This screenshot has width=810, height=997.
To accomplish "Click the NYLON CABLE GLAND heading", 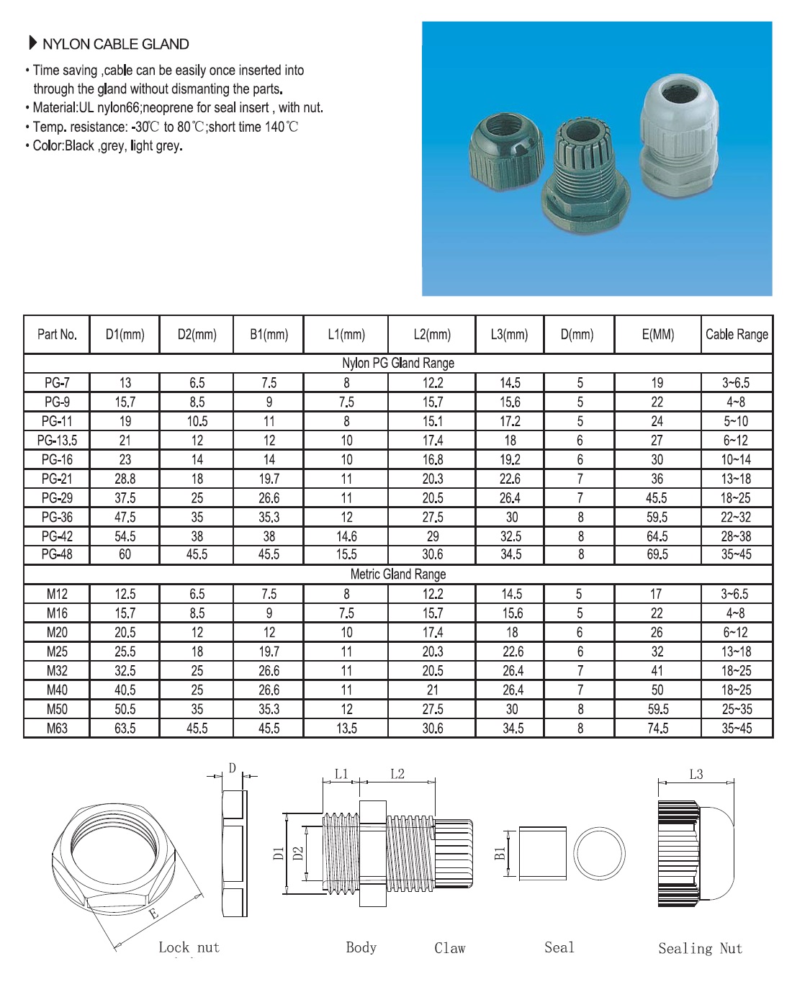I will tap(115, 44).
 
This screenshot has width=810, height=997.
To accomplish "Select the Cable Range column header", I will tap(736, 334).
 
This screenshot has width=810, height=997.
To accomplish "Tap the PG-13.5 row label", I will tap(57, 441).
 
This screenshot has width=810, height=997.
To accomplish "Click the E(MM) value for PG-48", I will tap(657, 554).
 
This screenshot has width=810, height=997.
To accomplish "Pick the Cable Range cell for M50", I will tap(736, 709).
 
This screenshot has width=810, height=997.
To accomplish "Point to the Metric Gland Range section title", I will tap(397, 574).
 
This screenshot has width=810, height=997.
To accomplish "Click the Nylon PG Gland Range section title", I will tap(397, 363).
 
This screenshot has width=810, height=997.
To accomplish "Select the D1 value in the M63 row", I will tap(125, 728).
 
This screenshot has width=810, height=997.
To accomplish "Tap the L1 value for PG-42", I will tap(346, 536).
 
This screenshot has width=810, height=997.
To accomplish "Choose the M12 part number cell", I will tap(57, 594).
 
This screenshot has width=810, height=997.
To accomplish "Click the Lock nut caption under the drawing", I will tap(189, 947).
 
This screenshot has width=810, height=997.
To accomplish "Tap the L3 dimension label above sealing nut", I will tap(696, 775).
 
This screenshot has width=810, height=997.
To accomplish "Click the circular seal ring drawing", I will tap(599, 853).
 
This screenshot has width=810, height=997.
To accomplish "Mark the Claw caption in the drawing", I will tap(450, 948).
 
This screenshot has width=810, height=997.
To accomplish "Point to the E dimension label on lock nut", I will tap(153, 914).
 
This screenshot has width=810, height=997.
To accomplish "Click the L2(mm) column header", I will tap(432, 334).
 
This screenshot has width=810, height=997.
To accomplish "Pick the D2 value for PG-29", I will tap(197, 498).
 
